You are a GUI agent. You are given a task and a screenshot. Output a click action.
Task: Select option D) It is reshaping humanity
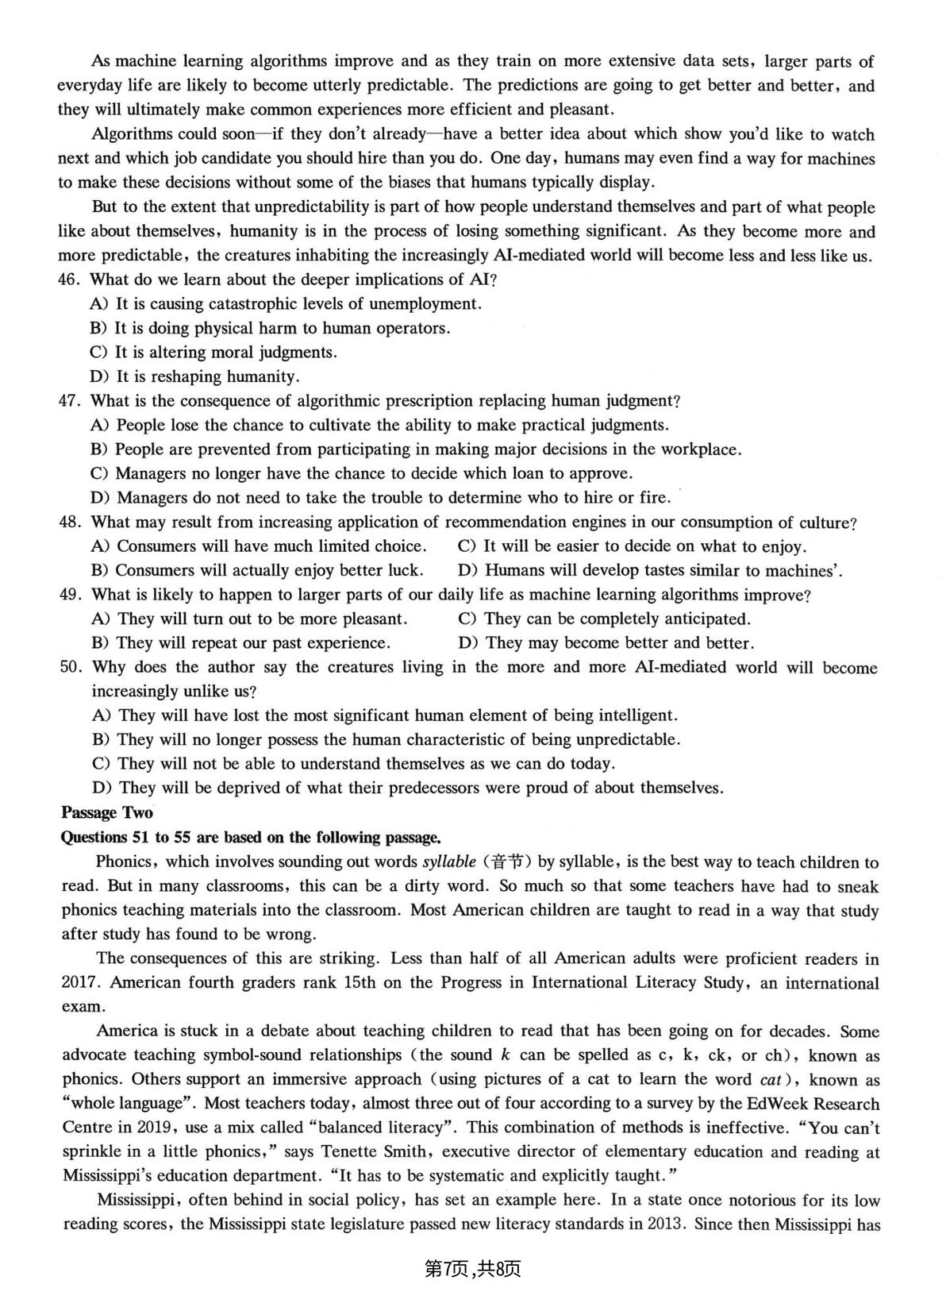(194, 376)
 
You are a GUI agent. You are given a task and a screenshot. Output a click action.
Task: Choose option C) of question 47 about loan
(361, 474)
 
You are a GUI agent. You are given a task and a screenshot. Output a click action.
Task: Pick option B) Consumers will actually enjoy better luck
(256, 570)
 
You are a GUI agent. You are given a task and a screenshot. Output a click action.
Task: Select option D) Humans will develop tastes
(650, 570)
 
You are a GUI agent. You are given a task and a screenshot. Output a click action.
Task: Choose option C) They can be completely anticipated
(604, 619)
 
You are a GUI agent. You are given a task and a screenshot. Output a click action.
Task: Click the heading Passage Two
(106, 812)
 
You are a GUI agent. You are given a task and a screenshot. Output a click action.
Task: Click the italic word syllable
(448, 862)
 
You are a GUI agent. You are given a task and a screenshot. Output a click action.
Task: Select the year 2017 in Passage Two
(78, 983)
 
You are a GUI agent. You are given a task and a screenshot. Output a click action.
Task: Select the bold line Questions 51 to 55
(251, 837)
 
